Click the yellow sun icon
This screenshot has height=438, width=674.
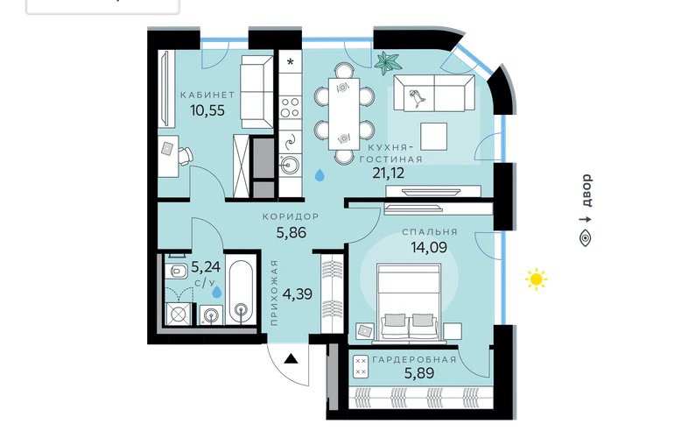click(536, 279)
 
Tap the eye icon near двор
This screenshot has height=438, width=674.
click(586, 238)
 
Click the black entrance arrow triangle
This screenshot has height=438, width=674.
click(291, 358)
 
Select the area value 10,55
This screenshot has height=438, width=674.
click(207, 110)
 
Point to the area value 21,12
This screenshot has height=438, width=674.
click(388, 173)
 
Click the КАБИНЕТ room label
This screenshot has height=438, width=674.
click(207, 95)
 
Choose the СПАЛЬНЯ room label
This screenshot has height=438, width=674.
click(430, 232)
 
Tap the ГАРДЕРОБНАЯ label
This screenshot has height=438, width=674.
click(414, 359)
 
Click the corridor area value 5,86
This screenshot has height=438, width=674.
click(291, 233)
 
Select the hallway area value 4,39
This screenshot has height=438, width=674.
click(297, 294)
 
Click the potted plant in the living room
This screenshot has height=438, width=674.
click(388, 63)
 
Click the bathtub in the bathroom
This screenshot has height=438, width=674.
click(241, 292)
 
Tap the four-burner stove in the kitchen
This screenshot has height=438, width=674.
click(290, 108)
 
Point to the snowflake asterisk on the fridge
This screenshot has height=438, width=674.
click(291, 62)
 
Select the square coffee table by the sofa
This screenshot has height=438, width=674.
click(433, 136)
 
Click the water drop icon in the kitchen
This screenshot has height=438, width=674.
click(319, 174)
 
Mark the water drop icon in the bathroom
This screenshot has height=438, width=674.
click(217, 292)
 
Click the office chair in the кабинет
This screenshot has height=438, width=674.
click(186, 156)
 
